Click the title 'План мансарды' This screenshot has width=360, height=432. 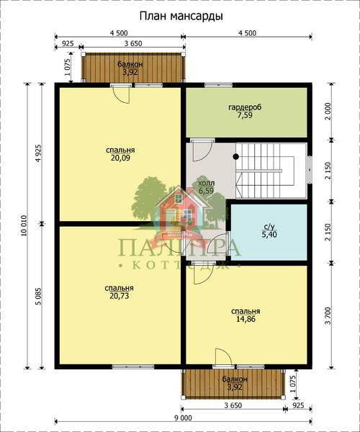(181, 17)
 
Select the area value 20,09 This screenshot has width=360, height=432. (120, 158)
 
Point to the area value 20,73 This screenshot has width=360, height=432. (119, 296)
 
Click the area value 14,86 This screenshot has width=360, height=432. (246, 319)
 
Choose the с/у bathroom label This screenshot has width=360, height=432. (269, 227)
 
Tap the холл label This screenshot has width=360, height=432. (207, 183)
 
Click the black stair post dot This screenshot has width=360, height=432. (235, 156)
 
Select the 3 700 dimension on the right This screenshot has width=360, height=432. (328, 317)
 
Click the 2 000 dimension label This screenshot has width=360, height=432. (328, 110)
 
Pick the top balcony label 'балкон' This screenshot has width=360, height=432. (130, 65)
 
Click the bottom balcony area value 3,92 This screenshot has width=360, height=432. (235, 387)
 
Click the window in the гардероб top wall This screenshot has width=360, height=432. (218, 85)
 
